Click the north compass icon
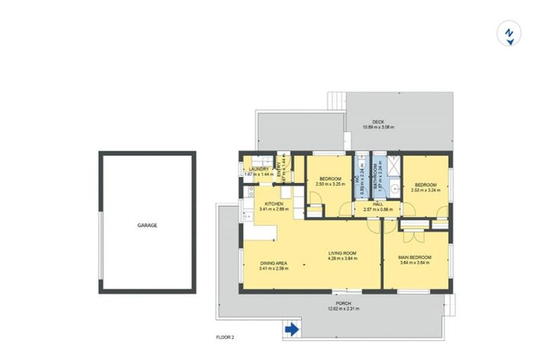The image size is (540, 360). pos(508,34)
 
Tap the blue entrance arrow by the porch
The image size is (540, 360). pos(291,328)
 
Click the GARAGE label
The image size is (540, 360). pos(147,226)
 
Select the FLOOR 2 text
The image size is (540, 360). pos(225,337)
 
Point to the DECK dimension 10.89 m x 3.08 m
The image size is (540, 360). pos(378,127)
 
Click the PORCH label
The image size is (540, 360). pos(343,303)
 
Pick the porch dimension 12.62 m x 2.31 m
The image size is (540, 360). pos(343,309)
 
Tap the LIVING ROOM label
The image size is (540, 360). pos(343,253)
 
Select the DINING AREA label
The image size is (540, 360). pos(274,263)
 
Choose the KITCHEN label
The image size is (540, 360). pos(274,204)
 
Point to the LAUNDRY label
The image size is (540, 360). pos(257,169)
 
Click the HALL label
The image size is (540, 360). pos(378,205)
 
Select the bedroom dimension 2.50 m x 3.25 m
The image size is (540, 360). pos(330,184)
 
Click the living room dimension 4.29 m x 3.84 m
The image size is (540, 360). pos(343,259)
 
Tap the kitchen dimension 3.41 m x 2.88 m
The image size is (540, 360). pos(274,210)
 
